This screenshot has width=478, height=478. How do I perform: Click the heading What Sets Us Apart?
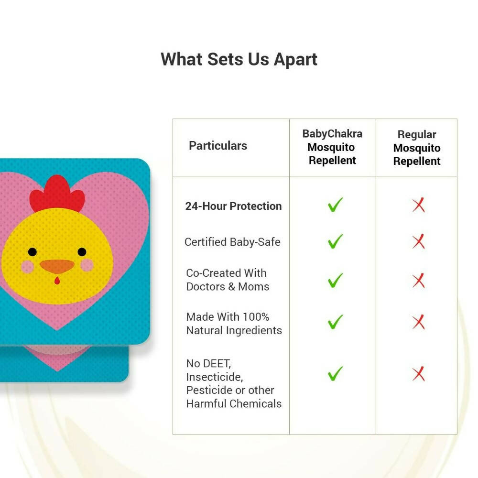click(239, 60)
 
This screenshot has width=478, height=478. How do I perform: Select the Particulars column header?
click(218, 146)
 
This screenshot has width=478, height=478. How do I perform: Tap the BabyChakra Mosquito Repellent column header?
click(332, 147)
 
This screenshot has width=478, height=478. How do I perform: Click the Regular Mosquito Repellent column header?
click(417, 148)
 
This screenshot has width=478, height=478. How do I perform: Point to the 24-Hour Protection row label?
click(233, 206)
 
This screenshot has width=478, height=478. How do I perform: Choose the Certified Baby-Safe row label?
click(232, 242)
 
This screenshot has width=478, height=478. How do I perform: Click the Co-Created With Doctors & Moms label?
click(228, 280)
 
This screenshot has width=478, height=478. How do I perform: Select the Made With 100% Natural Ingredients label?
click(234, 324)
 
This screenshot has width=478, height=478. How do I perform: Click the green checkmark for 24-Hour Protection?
click(335, 205)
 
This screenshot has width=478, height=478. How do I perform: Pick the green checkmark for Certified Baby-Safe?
click(335, 241)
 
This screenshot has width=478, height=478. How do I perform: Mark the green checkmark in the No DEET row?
click(335, 373)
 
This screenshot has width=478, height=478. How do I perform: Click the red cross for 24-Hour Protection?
click(418, 206)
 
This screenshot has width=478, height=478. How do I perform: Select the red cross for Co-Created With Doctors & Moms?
click(418, 281)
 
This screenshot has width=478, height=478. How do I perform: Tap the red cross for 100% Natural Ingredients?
click(418, 322)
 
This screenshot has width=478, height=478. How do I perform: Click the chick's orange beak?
click(57, 266)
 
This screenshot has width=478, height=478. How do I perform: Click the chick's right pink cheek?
click(87, 264)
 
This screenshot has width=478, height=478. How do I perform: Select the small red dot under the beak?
click(57, 281)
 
